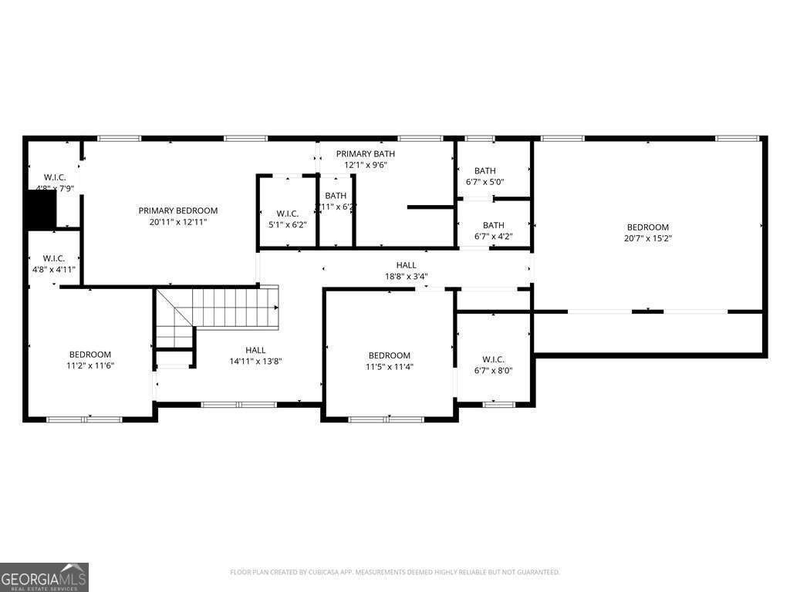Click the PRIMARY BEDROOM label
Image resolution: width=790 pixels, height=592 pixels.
point(178,210)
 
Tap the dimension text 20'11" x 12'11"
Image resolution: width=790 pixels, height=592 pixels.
point(178,221)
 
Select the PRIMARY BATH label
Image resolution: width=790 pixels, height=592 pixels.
point(365,154)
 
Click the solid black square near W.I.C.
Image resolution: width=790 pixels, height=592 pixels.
point(42,209)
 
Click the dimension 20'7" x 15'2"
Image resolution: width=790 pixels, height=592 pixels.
point(647,238)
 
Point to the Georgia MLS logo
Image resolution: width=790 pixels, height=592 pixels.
point(45,577)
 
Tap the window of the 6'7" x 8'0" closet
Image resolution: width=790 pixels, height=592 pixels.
point(498,403)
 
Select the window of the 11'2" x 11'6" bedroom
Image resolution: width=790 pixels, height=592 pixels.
point(84,419)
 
